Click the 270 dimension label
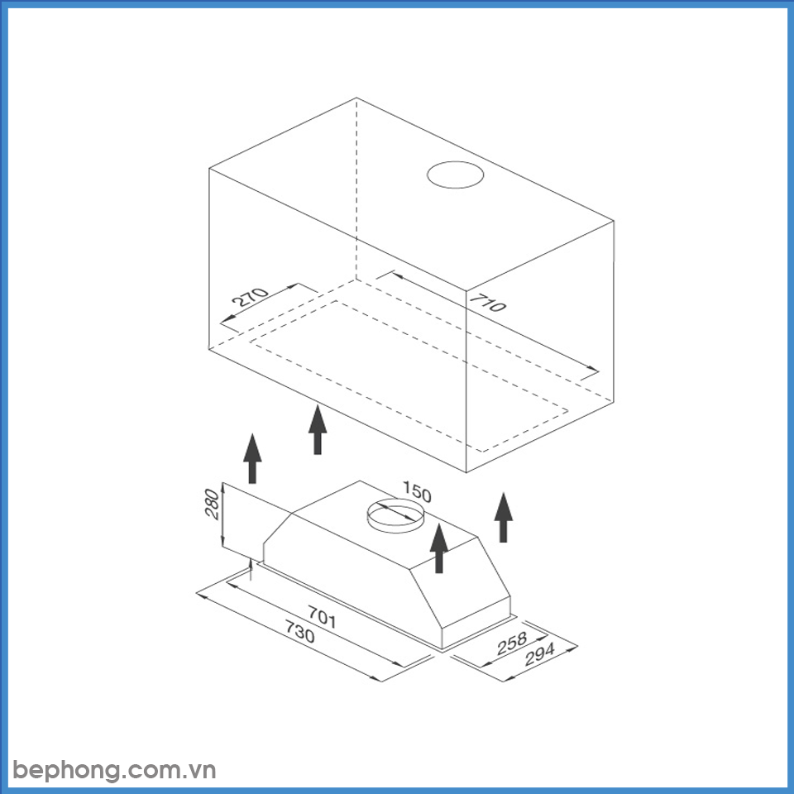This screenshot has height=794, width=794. click(250, 297)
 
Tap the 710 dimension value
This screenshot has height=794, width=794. click(487, 303)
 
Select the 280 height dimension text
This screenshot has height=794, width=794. click(213, 504)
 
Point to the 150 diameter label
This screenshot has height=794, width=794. click(417, 491)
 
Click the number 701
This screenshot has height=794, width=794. click(322, 617)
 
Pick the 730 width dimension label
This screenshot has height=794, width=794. click(299, 632)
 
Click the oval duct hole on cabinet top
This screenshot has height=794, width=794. click(455, 175)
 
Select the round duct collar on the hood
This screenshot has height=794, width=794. click(395, 515)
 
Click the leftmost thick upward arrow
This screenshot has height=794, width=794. click(252, 458)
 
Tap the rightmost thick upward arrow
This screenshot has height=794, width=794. click(504, 517)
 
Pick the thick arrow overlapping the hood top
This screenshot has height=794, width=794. click(438, 548)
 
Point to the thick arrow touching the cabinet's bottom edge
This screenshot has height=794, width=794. click(318, 429)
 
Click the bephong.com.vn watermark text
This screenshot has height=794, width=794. click(115, 771)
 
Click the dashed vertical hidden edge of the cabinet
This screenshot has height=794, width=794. click(356, 189)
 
